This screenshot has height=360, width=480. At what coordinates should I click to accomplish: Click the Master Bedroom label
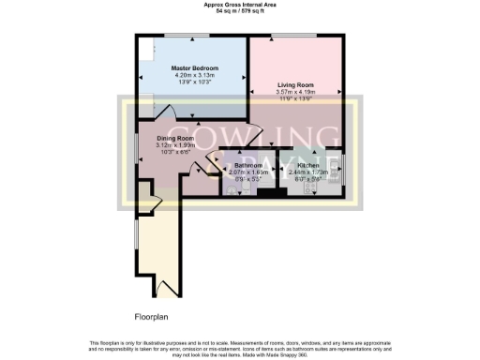click(194, 68)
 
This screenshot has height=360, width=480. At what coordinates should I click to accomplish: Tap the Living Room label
click(295, 85)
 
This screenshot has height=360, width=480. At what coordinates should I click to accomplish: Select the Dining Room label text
click(173, 139)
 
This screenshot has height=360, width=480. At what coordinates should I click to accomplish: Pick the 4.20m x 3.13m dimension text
click(194, 76)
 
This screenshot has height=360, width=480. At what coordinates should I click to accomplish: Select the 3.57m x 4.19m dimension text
click(295, 93)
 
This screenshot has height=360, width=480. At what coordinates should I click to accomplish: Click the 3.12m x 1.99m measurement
click(173, 145)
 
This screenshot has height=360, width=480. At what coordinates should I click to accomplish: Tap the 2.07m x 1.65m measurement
click(249, 172)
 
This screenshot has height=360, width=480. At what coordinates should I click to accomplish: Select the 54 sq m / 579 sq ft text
click(239, 12)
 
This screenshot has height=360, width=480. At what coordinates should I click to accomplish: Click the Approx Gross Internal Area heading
click(239, 5)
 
